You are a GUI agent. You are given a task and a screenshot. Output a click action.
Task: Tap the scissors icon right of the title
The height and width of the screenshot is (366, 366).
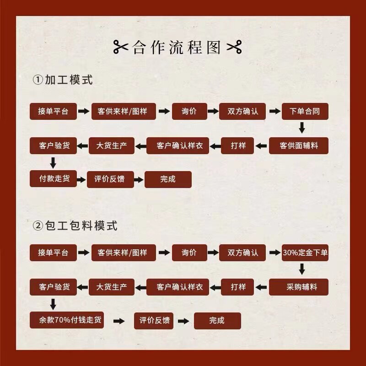[234, 47]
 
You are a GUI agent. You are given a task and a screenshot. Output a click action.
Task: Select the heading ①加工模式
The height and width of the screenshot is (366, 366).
[63, 80]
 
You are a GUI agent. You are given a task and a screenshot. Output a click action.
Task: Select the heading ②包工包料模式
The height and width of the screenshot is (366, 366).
[75, 226]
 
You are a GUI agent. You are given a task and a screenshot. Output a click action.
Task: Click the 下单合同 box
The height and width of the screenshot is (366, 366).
[305, 112]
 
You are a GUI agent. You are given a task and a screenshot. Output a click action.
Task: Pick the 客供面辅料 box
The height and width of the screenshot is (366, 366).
[299, 146]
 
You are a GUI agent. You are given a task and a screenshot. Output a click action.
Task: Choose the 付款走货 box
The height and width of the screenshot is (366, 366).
[53, 179]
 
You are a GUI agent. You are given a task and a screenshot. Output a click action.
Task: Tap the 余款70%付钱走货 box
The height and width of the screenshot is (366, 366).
[67, 320]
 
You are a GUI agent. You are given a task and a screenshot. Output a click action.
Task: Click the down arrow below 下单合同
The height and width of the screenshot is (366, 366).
[301, 128]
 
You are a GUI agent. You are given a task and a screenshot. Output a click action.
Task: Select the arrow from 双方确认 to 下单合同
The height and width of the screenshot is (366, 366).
[274, 112]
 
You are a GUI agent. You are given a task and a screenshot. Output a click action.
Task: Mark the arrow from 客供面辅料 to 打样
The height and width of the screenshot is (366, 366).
[261, 146]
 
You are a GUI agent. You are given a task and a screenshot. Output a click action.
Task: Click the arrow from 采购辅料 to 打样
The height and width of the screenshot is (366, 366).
[261, 287]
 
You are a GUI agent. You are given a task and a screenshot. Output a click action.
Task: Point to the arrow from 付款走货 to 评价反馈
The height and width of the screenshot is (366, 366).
[81, 179]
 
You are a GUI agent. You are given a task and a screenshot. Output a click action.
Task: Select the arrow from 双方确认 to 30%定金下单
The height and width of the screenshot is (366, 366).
[274, 253]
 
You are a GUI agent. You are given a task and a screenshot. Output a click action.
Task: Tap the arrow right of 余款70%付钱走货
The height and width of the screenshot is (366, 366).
[118, 321]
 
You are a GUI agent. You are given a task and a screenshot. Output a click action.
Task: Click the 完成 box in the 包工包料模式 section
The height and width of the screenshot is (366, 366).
[217, 321]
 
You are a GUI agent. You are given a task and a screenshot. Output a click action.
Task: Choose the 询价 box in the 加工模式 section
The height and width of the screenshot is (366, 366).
[189, 112]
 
